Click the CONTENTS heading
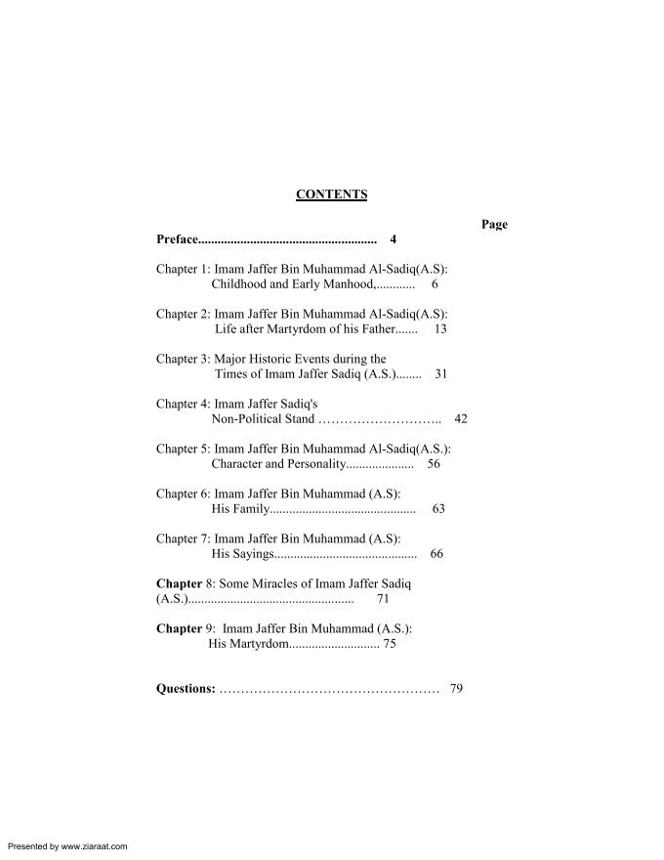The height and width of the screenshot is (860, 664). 331,194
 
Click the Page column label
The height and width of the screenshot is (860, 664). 494,225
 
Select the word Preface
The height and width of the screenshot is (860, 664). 177,239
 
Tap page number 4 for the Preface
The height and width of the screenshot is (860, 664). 393,239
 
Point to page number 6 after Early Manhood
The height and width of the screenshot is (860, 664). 435,284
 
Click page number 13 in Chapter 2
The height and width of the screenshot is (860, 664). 440,329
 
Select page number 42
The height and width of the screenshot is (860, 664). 461,419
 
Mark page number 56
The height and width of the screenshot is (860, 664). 434,464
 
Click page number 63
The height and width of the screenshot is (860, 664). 438,509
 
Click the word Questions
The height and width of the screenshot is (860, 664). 186,689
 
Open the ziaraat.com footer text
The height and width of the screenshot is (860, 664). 66,846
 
